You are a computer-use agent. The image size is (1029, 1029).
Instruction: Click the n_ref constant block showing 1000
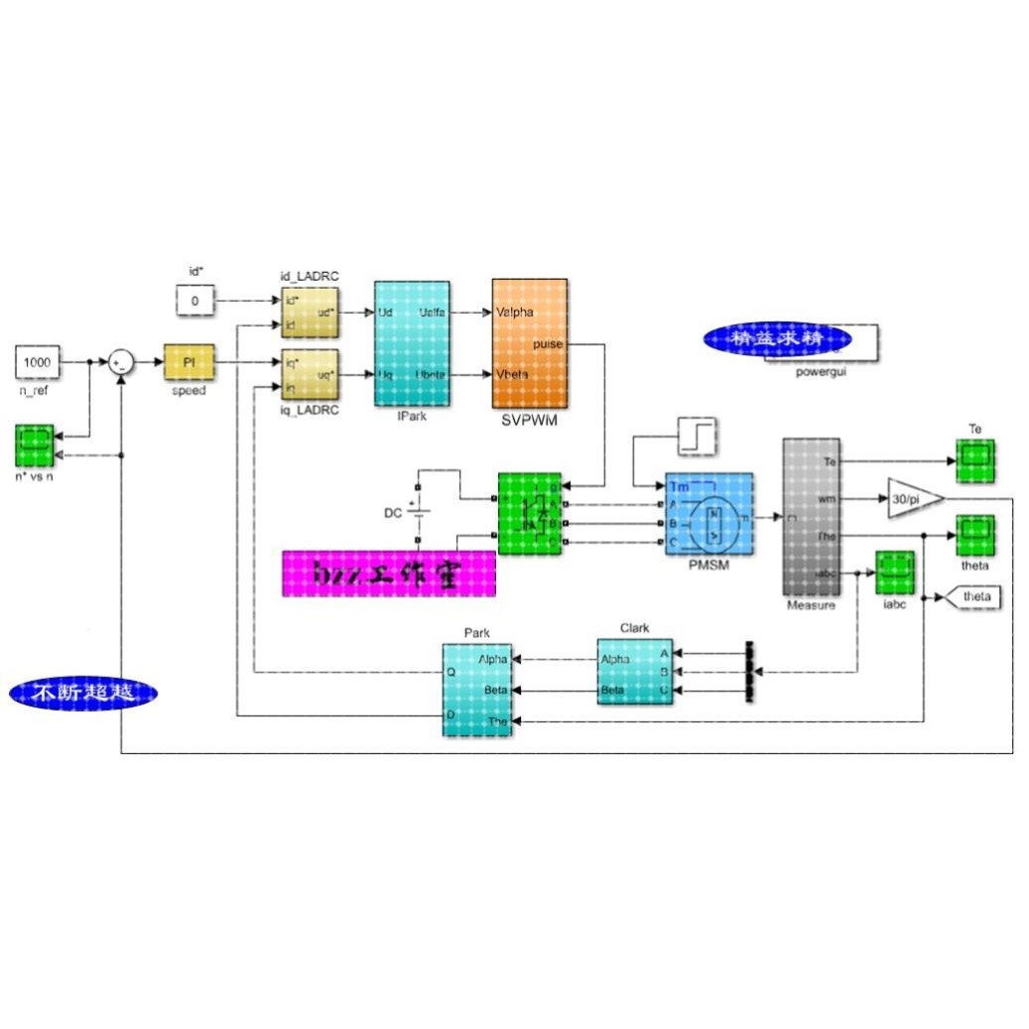(37, 363)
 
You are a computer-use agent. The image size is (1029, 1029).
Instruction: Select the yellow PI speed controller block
(189, 363)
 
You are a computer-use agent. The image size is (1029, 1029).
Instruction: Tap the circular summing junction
(121, 363)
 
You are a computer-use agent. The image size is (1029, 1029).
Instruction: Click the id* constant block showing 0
(195, 300)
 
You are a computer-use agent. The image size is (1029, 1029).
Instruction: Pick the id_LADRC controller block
(311, 311)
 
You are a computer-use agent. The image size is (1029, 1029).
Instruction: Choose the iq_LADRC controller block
(311, 374)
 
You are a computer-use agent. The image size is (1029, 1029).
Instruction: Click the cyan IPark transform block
(412, 343)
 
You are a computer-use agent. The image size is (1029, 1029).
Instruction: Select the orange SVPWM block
(530, 343)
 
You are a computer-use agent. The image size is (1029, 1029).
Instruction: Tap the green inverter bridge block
(530, 512)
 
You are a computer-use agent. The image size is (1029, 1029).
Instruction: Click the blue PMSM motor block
(708, 512)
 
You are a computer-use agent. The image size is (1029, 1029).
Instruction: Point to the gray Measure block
(811, 517)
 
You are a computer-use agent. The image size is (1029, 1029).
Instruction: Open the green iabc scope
(894, 573)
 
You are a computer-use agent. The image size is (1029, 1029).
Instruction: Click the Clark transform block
(634, 672)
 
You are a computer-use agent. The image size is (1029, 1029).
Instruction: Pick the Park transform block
(477, 689)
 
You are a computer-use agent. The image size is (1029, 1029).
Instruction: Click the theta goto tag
(971, 596)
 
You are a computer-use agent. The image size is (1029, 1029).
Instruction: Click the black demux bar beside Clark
(749, 672)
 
